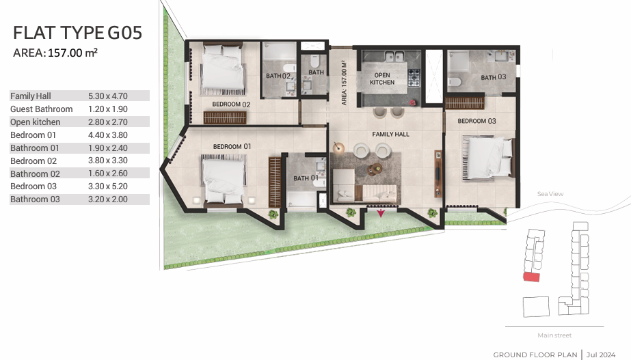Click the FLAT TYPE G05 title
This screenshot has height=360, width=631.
tap(78, 33)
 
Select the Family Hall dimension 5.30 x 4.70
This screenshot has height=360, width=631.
tap(108, 96)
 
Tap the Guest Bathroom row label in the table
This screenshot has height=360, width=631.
tap(42, 109)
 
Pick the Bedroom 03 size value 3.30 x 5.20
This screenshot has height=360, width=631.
tap(108, 186)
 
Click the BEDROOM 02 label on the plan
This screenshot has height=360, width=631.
tap(231, 105)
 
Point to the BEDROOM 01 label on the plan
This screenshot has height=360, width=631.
tap(232, 146)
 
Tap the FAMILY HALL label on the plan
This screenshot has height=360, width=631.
tap(390, 134)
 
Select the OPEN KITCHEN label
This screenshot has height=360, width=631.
tap(382, 79)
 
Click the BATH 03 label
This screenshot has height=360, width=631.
tap(494, 77)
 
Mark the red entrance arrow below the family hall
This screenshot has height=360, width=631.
tap(381, 212)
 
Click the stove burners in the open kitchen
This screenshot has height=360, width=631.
tap(414, 78)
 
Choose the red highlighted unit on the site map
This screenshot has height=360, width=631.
tap(531, 277)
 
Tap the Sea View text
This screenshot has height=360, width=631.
tap(550, 194)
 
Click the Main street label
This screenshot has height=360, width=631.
tap(554, 335)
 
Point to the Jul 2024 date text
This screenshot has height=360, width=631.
tap(601, 355)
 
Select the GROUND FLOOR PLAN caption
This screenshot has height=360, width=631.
tap(535, 355)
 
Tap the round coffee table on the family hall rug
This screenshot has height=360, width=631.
tap(375, 169)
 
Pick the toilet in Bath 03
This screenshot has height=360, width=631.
tap(455, 82)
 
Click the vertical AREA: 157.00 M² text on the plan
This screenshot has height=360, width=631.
tap(344, 83)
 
